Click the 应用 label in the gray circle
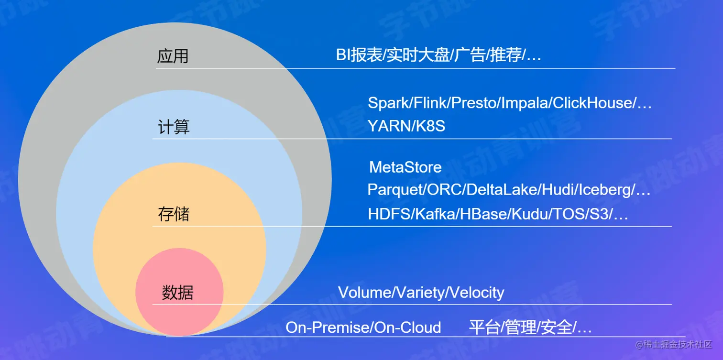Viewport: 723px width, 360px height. click(173, 56)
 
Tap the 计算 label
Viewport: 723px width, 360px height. click(174, 126)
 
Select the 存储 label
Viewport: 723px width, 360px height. click(174, 214)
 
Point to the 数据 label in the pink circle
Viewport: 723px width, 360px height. click(177, 293)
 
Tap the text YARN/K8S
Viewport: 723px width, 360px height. click(406, 126)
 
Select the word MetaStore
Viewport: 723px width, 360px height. click(405, 167)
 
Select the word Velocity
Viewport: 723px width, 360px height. click(477, 293)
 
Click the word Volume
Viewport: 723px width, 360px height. click(364, 293)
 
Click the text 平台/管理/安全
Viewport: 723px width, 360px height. click(520, 327)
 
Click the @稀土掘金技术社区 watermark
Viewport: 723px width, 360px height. click(673, 345)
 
